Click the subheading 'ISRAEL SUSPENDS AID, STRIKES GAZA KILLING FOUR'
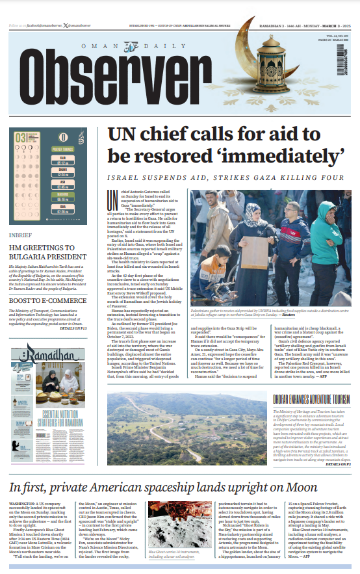[x=225, y=178]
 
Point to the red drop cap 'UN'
[x=113, y=198]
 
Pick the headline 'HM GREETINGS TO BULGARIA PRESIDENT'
[x=49, y=252]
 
